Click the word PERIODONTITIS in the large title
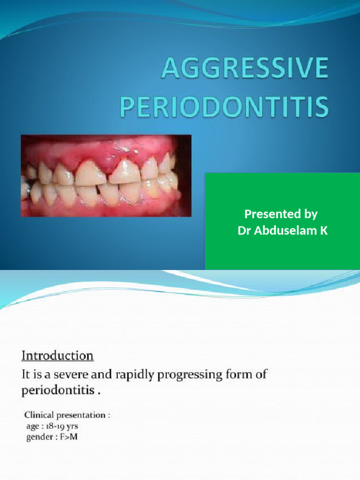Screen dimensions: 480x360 [x=224, y=107]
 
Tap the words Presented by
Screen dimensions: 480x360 [x=281, y=215]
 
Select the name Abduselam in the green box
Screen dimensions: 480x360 [x=285, y=231]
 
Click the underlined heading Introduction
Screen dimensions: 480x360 [x=58, y=356]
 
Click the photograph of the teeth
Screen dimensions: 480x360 [x=106, y=176]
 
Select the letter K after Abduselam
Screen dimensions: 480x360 [x=323, y=231]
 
